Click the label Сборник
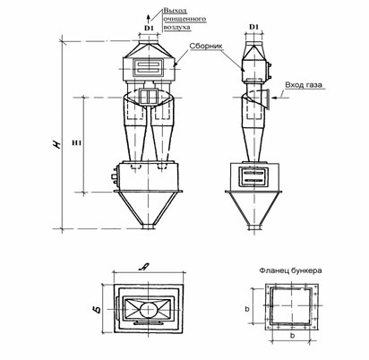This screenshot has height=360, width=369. tap(206, 47)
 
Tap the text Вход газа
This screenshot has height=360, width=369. tap(304, 85)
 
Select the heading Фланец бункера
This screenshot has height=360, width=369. tap(290, 270)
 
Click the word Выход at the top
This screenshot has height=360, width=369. tap(176, 11)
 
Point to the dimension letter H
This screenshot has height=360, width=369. tap(56, 144)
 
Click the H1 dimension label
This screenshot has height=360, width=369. tap(77, 143)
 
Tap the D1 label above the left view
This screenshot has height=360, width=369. tap(149, 28)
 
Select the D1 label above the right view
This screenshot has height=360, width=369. tap(253, 27)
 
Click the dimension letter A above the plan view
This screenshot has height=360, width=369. tap(143, 268)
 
